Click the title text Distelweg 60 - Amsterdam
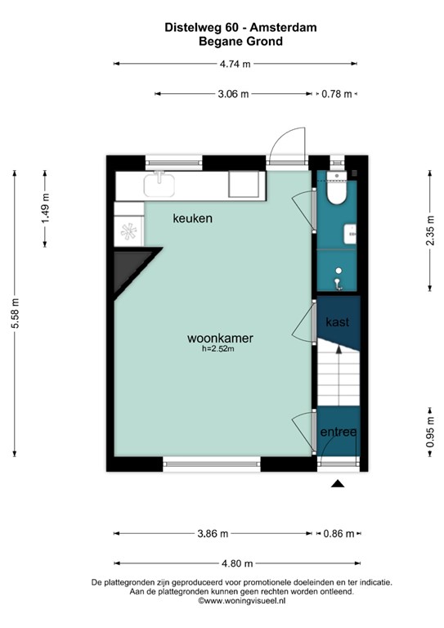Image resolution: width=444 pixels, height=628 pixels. [223, 27]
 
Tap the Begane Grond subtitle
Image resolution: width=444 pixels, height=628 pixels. [223, 41]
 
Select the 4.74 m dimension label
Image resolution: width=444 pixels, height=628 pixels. [235, 63]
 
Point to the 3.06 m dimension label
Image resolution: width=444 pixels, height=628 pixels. [233, 94]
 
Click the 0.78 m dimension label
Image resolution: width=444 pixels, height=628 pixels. [337, 94]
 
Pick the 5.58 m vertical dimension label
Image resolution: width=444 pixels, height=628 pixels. [14, 312]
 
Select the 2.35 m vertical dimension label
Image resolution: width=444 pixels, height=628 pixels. [430, 230]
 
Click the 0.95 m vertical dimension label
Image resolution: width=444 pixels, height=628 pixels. [430, 439]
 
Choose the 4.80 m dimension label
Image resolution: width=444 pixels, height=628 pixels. [235, 563]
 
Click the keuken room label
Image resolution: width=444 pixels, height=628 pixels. [192, 218]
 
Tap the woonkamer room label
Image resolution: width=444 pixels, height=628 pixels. [219, 338]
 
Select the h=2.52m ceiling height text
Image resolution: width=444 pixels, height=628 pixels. [219, 350]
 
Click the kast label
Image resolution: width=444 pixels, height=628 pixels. [337, 322]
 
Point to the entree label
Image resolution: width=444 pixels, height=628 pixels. [338, 432]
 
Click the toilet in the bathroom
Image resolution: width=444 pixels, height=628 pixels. [336, 191]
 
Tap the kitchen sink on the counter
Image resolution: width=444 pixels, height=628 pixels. [161, 185]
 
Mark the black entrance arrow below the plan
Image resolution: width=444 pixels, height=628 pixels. [337, 485]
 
